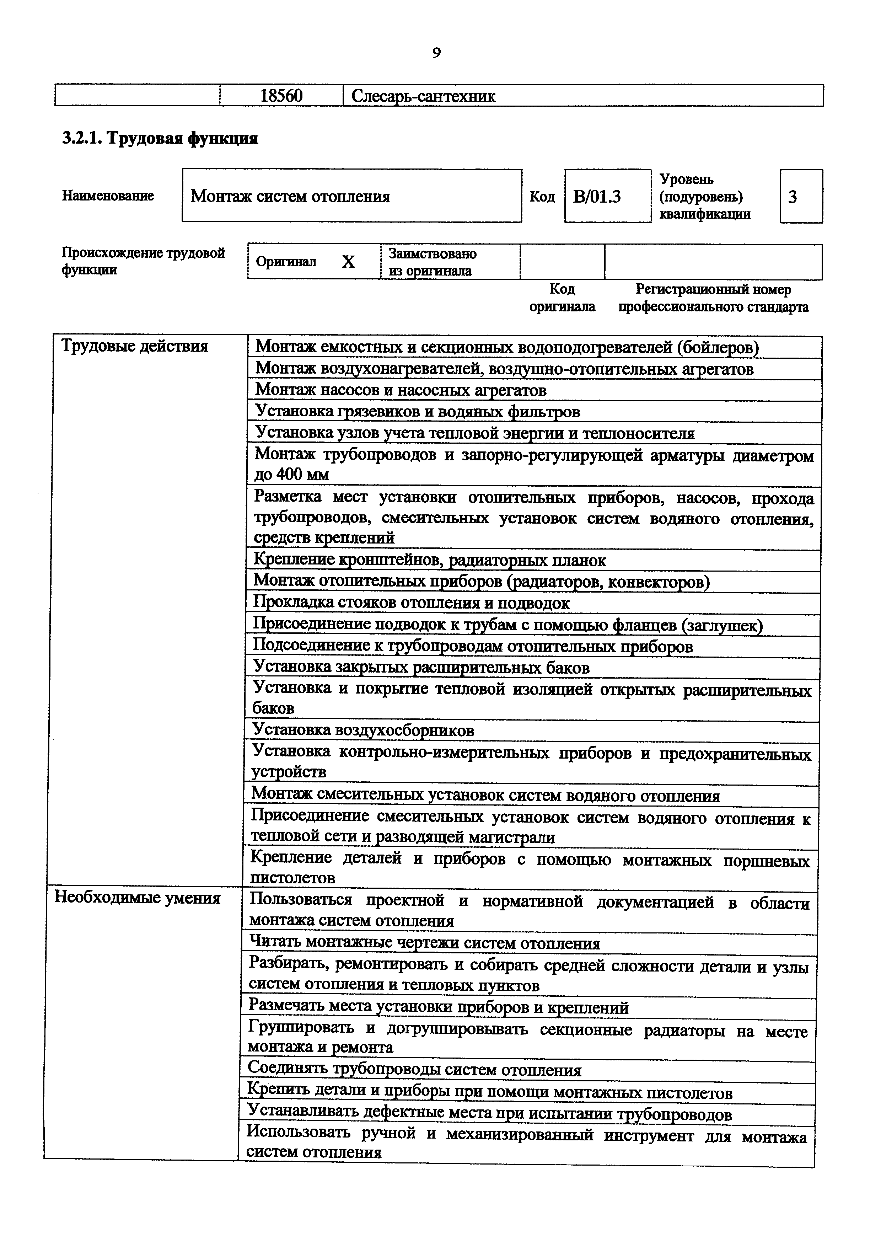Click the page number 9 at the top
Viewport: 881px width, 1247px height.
(436, 53)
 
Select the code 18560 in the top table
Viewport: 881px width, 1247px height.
(281, 96)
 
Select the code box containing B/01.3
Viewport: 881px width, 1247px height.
(597, 197)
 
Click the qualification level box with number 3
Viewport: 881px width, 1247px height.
(793, 197)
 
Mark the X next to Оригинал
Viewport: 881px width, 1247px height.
(349, 262)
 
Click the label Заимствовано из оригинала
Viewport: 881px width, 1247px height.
(432, 262)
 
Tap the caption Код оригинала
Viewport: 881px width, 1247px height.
(562, 298)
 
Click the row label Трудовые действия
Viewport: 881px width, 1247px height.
(135, 346)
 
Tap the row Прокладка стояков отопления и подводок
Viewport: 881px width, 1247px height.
(412, 603)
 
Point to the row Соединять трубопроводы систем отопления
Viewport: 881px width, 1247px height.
(414, 1070)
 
